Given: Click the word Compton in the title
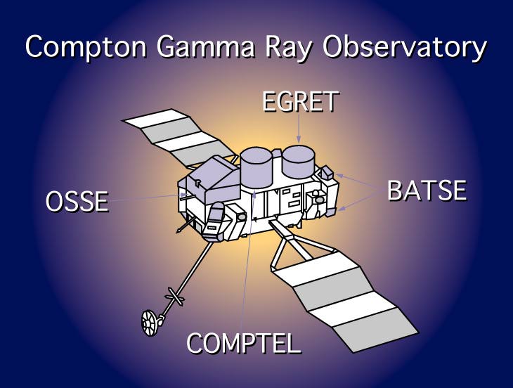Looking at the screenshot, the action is [x=86, y=47].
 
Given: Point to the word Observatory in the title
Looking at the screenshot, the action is [x=404, y=48].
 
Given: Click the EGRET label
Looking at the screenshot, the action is [x=300, y=101].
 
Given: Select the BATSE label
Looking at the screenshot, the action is [x=427, y=190].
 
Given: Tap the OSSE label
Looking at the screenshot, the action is [x=77, y=201].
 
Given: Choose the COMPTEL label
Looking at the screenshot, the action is [x=243, y=343].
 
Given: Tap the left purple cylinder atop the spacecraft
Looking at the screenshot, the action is [x=256, y=167].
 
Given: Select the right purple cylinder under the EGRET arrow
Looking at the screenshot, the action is [x=299, y=162].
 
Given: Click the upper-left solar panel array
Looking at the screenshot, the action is [x=179, y=137].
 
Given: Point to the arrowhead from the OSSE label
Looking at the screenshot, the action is [x=184, y=195].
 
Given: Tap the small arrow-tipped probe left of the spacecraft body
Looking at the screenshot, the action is [x=185, y=225].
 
